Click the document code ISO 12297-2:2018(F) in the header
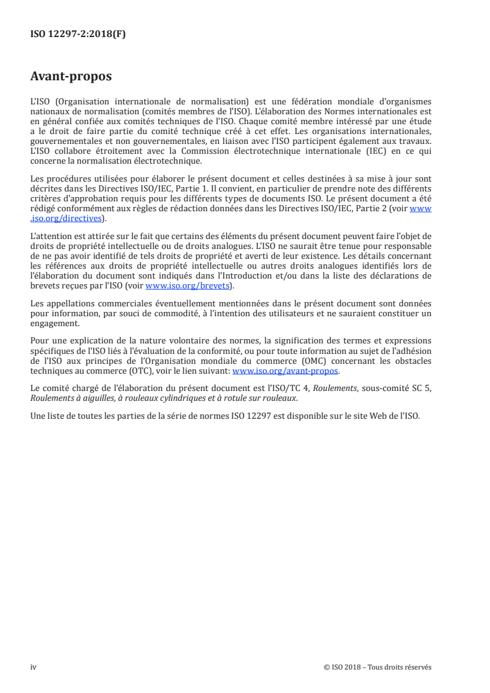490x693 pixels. pyautogui.click(x=78, y=35)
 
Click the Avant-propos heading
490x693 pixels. pyautogui.click(x=71, y=77)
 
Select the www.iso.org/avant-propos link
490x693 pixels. pyautogui.click(x=285, y=371)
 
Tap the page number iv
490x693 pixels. pyautogui.click(x=33, y=666)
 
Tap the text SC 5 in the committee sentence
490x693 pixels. pyautogui.click(x=421, y=389)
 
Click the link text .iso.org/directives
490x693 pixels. pyautogui.click(x=67, y=217)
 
